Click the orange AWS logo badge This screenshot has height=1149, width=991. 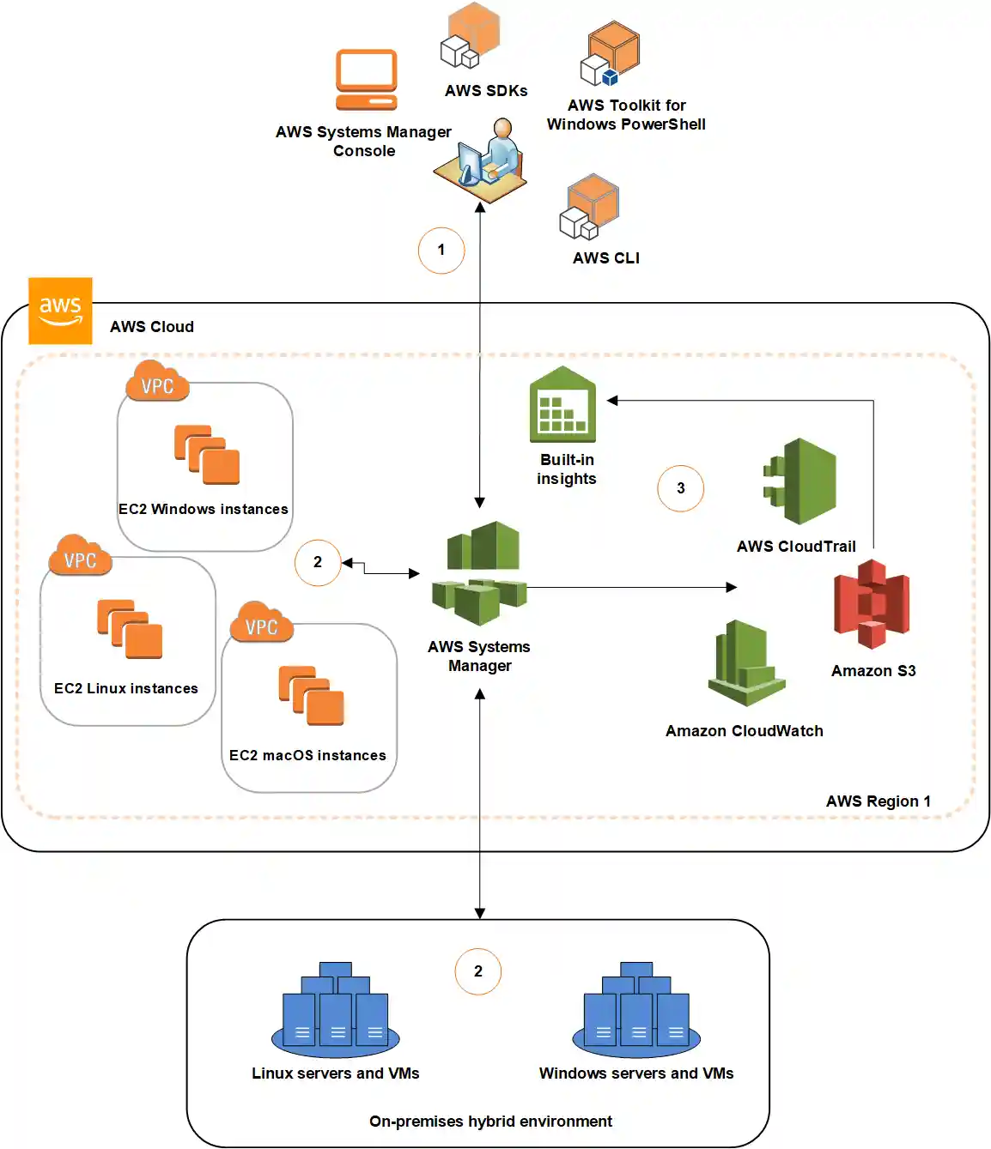(x=60, y=311)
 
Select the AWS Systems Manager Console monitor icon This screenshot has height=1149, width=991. (x=367, y=80)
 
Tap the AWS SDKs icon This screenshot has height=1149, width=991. (x=471, y=36)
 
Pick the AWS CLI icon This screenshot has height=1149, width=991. (x=590, y=207)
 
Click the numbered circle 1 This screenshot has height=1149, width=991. (x=441, y=251)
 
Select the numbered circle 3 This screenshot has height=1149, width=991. (x=680, y=488)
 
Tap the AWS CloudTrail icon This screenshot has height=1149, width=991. (x=800, y=481)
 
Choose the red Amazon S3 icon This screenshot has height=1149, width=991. (x=872, y=604)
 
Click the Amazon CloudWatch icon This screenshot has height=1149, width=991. (x=746, y=663)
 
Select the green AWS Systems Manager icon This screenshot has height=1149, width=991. (x=479, y=573)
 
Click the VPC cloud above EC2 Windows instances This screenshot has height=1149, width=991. (x=157, y=384)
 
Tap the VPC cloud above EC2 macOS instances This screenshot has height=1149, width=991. (x=262, y=625)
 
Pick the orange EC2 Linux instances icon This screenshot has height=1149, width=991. (x=130, y=629)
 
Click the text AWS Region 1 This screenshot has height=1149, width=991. (x=878, y=801)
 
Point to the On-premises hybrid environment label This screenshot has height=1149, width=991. (x=490, y=1122)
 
